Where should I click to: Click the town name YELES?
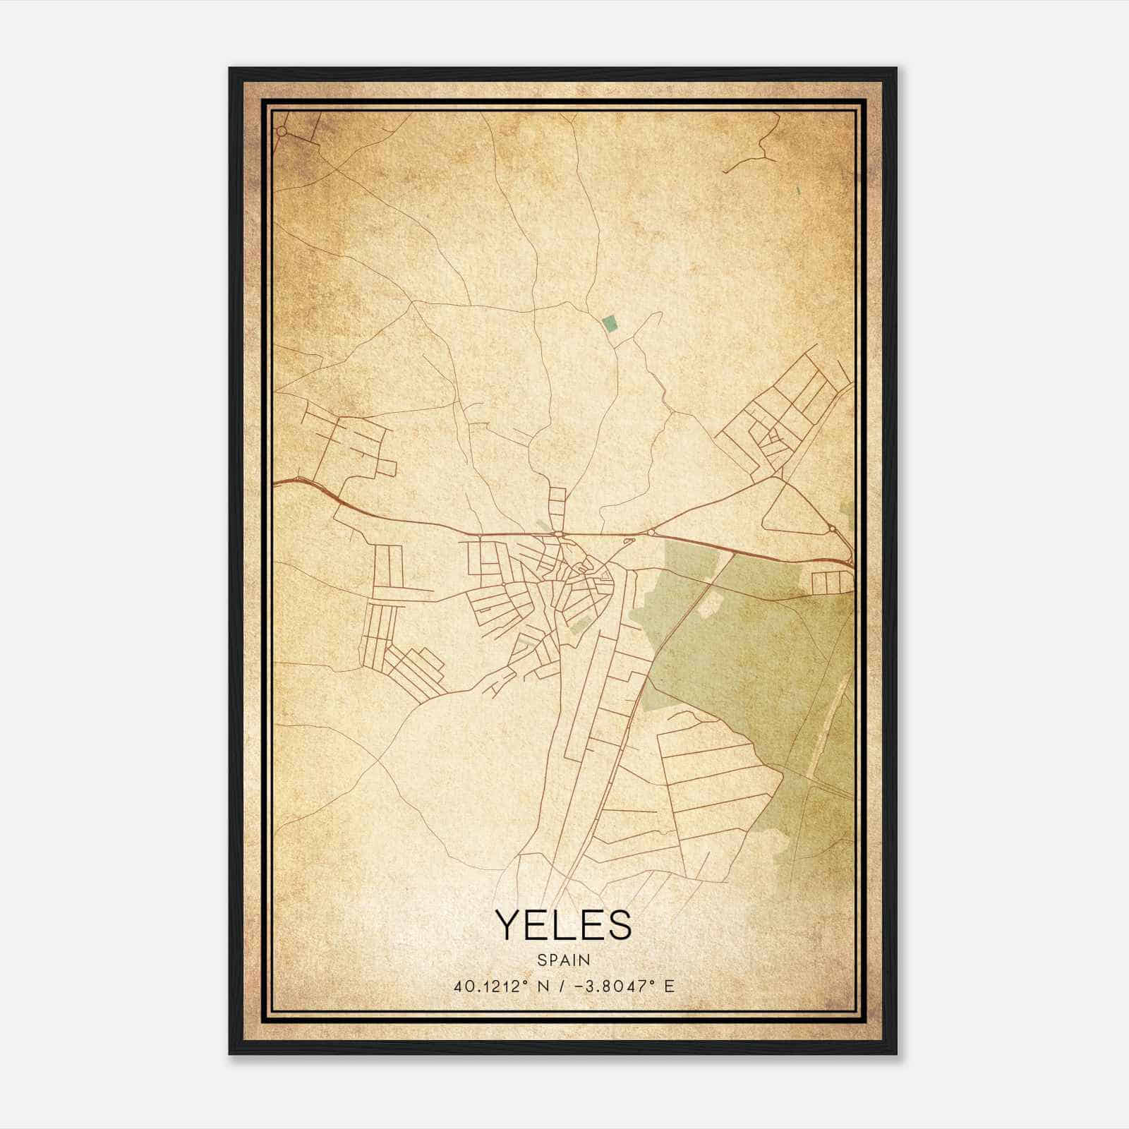pos(563,924)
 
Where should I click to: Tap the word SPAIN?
pos(563,960)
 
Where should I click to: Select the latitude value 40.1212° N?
pos(501,986)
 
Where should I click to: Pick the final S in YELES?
pos(619,924)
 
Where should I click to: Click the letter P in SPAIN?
pos(555,960)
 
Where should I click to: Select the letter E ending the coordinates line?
pos(669,986)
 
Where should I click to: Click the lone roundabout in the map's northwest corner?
pos(282,131)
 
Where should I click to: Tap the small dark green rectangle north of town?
pos(610,324)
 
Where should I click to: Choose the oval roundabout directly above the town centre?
pos(557,534)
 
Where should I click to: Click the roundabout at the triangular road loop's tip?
pos(833,528)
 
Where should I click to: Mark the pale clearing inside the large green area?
pos(711,600)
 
